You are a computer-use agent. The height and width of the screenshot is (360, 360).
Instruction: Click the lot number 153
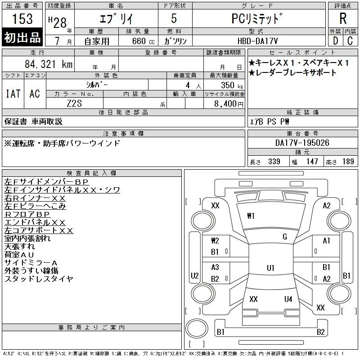[x=22, y=18]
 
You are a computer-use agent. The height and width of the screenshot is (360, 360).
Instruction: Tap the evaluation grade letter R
[x=343, y=18]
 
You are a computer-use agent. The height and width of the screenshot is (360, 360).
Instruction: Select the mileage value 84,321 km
[x=49, y=64]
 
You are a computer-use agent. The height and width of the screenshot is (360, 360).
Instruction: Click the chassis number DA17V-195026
[x=302, y=143]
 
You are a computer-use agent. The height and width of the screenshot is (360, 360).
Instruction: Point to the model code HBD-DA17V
[x=257, y=41]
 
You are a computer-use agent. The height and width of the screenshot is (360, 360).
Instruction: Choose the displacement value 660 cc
[x=143, y=41]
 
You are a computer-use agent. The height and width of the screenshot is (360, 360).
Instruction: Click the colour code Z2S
[x=74, y=103]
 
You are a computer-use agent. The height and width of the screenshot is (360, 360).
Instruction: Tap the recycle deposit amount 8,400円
[x=229, y=103]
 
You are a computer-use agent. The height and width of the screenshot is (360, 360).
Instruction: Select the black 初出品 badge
[x=22, y=37]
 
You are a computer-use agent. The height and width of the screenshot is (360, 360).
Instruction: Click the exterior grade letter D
[x=335, y=41]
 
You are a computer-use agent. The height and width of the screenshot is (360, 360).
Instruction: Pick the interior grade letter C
[x=350, y=41]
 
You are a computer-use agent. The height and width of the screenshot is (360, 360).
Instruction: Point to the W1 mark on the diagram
[x=251, y=216]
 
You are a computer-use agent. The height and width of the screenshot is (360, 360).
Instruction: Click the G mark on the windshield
[x=285, y=237]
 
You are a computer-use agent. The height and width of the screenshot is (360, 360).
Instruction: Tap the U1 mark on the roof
[x=270, y=268]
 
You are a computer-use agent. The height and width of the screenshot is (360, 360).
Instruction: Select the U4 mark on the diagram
[x=288, y=299]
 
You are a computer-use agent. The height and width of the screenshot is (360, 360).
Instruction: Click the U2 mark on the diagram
[x=195, y=275]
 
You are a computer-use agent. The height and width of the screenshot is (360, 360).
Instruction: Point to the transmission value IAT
[x=13, y=94]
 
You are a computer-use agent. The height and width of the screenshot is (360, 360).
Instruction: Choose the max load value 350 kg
[x=232, y=85]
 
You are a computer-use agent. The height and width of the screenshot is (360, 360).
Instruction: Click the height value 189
[x=348, y=162]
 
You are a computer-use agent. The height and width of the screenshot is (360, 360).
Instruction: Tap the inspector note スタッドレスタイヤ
[x=39, y=279]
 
